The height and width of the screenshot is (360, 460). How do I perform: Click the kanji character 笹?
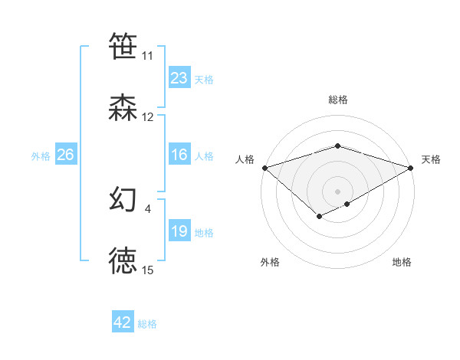click(123, 47)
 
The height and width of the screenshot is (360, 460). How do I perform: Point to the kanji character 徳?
click(123, 261)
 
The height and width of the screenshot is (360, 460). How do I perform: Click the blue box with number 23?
click(179, 78)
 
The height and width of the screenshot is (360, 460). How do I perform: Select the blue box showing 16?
click(179, 155)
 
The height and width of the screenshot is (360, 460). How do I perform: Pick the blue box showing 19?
click(179, 231)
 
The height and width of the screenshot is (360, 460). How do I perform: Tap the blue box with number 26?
click(65, 155)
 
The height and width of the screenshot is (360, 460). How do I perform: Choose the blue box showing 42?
click(123, 322)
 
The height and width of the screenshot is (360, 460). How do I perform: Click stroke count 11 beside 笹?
click(148, 56)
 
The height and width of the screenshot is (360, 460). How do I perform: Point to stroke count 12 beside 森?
click(148, 117)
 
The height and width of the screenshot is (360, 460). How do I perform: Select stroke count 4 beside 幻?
click(148, 207)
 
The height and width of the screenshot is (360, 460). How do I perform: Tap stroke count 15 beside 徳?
click(148, 270)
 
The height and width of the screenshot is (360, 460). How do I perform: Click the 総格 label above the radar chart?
click(338, 100)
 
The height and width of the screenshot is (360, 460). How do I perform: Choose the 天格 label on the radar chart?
click(432, 159)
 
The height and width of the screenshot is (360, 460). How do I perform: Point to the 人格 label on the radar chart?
click(245, 159)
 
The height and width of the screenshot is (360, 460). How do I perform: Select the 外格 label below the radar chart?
click(270, 262)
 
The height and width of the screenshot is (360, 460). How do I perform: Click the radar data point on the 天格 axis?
click(412, 167)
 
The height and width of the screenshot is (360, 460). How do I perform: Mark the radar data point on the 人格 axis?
click(264, 167)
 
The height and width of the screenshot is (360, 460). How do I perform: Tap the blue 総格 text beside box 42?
click(147, 324)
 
